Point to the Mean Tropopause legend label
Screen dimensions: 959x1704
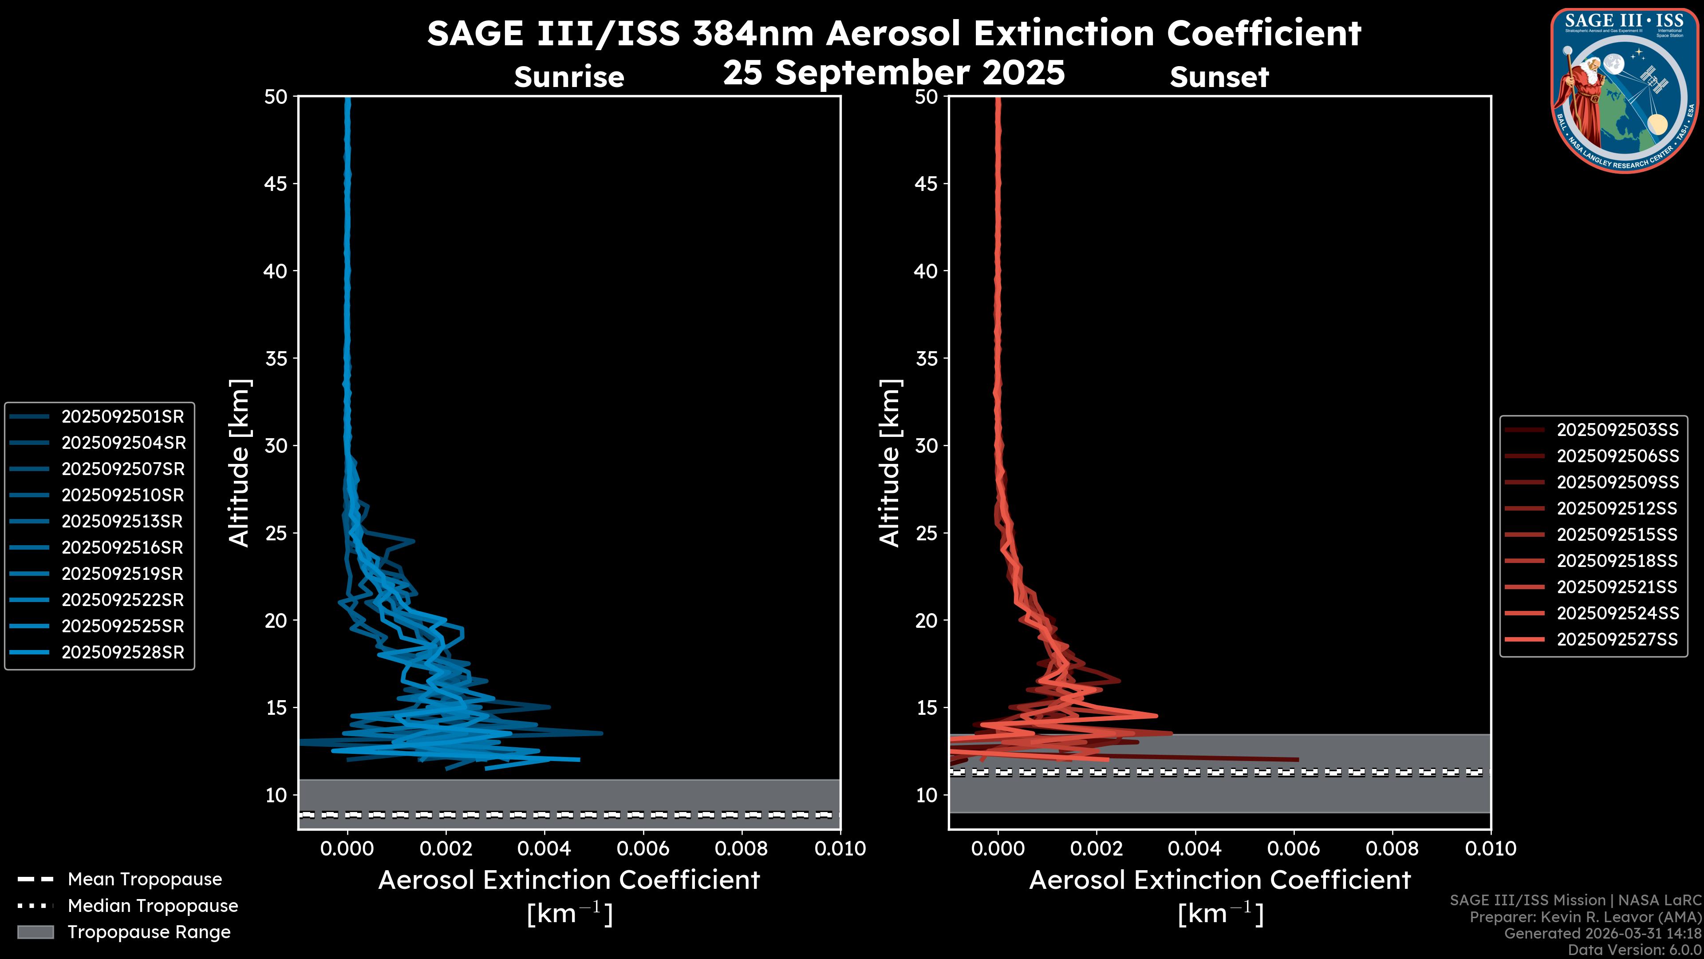click(x=145, y=879)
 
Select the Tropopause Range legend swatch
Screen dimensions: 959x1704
click(x=35, y=932)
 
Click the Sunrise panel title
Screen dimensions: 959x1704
click(x=569, y=77)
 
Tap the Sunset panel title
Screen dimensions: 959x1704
click(x=1219, y=77)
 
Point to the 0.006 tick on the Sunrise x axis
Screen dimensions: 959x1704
click(x=643, y=848)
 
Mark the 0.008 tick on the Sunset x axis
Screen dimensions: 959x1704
click(x=1392, y=848)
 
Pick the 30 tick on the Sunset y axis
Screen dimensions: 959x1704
click(x=927, y=445)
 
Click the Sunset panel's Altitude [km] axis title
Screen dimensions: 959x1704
click(x=890, y=463)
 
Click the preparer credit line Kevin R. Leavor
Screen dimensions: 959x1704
click(x=1585, y=917)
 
